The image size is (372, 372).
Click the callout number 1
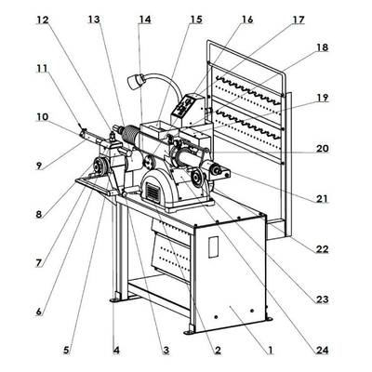click(270, 351)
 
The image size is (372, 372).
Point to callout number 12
click(43, 19)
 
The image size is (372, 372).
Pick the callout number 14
click(143, 19)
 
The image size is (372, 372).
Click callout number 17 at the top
click(298, 20)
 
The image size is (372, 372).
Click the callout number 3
click(166, 351)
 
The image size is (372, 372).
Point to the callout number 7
click(39, 263)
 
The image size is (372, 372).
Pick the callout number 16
click(246, 19)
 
